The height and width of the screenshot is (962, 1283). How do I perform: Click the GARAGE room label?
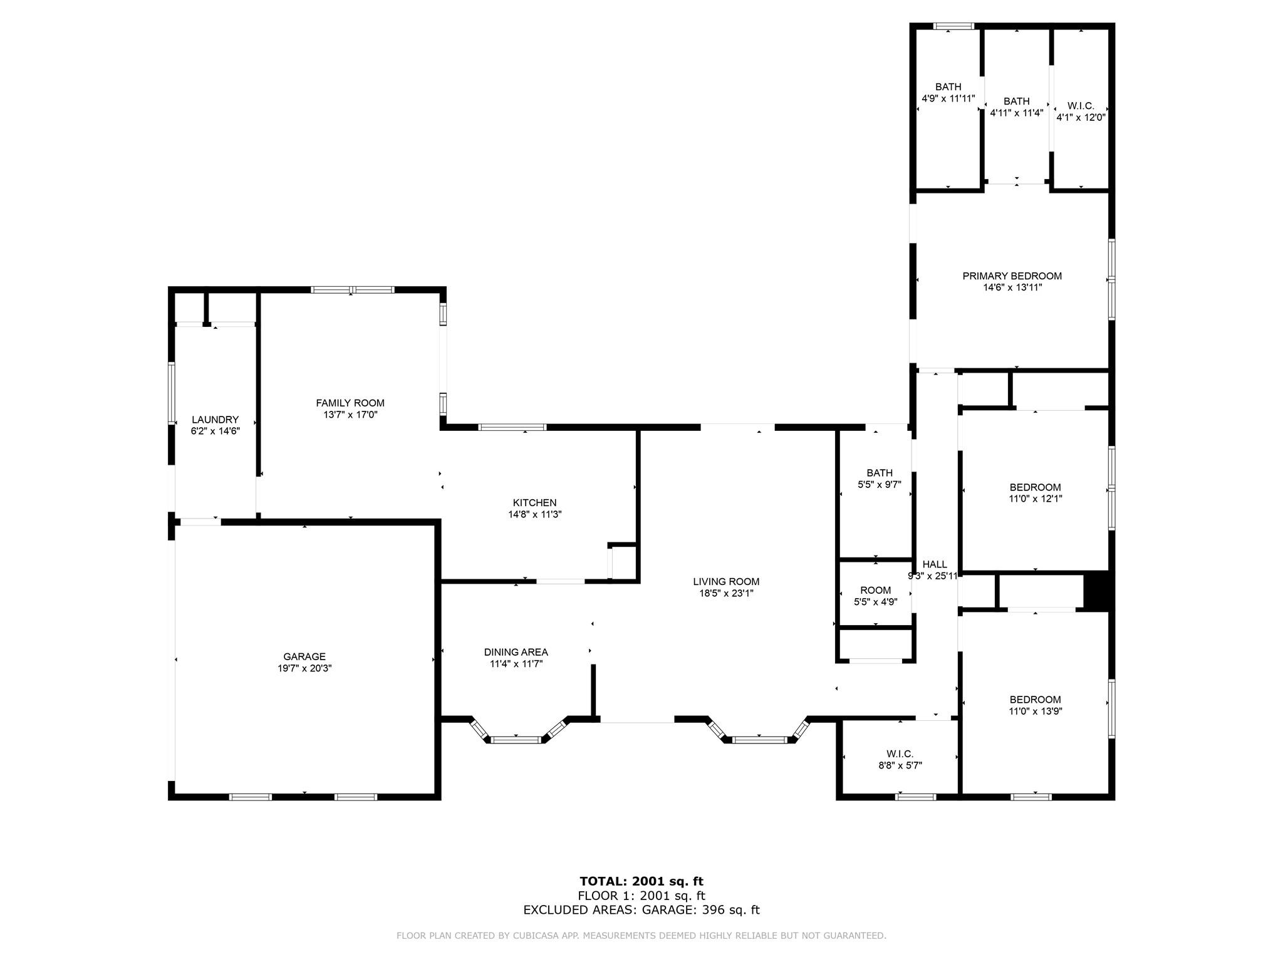point(304,656)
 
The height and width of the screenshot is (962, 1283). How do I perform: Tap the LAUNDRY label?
point(215,420)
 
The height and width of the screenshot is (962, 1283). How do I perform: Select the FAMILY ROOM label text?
point(350,403)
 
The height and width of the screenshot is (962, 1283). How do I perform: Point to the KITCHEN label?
point(534,502)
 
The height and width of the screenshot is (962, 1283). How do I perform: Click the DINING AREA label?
point(516,652)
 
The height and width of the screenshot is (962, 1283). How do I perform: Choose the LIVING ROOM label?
point(726,581)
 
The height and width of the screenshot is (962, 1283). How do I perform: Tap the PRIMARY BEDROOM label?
point(1012,276)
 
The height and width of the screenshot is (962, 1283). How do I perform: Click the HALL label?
point(935,564)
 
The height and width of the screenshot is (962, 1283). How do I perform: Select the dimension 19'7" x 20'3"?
point(304,668)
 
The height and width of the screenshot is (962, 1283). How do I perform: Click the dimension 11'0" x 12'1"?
point(1036,499)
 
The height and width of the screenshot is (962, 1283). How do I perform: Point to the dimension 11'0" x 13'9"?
point(1036,711)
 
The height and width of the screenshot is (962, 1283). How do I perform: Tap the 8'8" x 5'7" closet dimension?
point(900,765)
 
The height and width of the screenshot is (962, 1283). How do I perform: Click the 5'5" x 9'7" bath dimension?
point(880,484)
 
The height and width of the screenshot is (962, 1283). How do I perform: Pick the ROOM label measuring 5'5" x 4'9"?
point(876,590)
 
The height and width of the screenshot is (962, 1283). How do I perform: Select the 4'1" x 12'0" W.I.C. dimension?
point(1081,117)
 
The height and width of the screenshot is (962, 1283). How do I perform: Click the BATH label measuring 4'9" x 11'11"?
point(948,86)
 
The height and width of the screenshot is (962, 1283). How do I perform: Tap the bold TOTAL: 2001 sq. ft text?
point(641,881)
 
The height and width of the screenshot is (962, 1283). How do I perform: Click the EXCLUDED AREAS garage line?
point(641,910)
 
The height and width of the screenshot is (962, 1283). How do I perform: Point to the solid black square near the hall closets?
point(1097,591)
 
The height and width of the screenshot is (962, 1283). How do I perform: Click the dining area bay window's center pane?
point(516,740)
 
